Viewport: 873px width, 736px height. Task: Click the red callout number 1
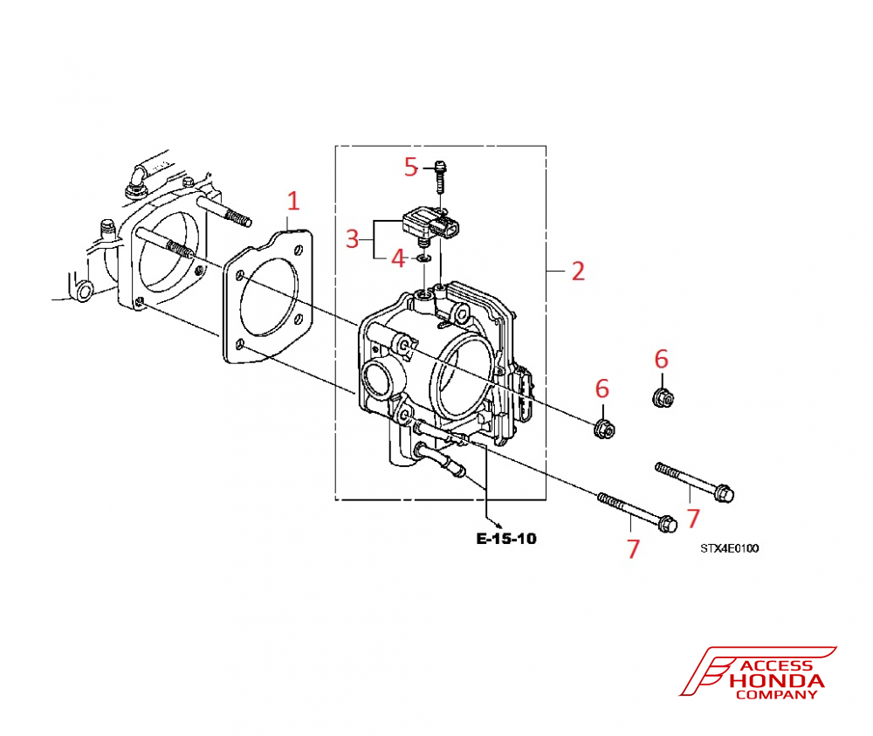click(293, 201)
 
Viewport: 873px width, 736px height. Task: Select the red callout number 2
click(577, 271)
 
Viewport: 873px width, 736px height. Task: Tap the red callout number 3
click(352, 238)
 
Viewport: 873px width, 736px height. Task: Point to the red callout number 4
click(398, 258)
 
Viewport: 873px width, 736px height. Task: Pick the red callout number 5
click(411, 166)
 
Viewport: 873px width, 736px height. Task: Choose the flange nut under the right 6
click(663, 399)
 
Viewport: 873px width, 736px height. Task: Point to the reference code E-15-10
click(506, 539)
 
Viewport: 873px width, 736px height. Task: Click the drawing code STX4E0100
click(729, 548)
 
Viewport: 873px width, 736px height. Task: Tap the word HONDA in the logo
click(776, 681)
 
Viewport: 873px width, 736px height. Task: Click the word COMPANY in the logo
click(777, 695)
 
